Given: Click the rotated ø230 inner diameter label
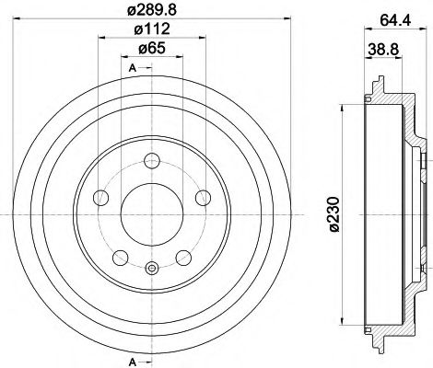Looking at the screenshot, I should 334,217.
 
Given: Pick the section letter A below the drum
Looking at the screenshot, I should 133,360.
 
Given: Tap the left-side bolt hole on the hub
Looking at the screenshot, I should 102,197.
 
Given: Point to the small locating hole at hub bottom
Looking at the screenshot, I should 151,270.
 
